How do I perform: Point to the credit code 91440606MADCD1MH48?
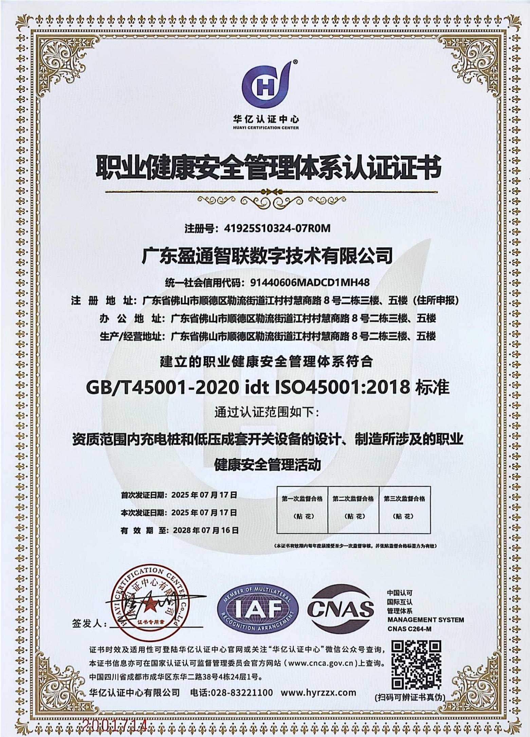(x=307, y=282)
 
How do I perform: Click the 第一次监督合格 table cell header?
(x=302, y=499)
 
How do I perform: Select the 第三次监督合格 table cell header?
(x=404, y=499)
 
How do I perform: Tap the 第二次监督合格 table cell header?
(x=353, y=499)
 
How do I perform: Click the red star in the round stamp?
(x=148, y=607)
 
